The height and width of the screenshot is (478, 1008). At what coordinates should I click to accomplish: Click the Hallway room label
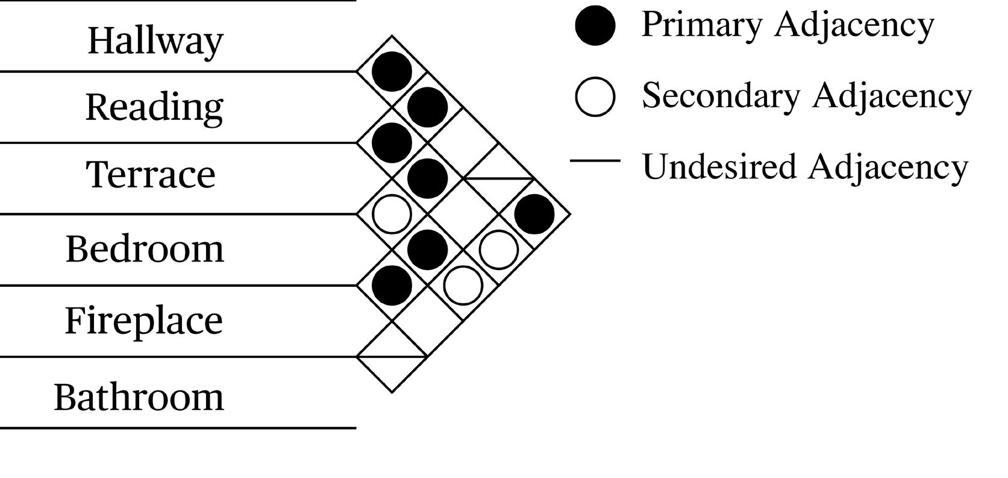[155, 41]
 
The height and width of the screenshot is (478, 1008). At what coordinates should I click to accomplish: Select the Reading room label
[154, 107]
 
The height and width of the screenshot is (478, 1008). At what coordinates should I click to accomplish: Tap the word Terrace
[151, 174]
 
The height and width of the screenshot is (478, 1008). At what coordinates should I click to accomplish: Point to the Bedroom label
[145, 248]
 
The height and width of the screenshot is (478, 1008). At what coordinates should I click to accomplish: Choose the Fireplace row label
[143, 320]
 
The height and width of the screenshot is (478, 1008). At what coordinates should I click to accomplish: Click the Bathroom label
[139, 397]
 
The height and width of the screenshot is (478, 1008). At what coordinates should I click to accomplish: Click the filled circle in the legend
[595, 26]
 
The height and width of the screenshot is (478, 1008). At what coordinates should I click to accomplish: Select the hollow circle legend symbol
[595, 96]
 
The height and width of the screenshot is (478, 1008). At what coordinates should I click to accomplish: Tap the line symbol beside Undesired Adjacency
[595, 161]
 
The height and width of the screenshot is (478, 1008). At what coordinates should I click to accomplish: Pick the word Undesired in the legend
[720, 166]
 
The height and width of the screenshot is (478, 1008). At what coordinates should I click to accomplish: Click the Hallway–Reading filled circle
[392, 71]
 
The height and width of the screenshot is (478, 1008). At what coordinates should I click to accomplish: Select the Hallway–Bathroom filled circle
[534, 213]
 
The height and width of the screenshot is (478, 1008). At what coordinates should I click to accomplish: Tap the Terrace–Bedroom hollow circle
[392, 213]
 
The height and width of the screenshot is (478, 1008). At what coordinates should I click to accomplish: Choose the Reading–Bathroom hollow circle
[499, 249]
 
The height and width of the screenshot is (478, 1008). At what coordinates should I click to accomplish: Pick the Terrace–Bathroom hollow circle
[463, 285]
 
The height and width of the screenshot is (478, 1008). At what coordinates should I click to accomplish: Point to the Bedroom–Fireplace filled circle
[392, 285]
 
